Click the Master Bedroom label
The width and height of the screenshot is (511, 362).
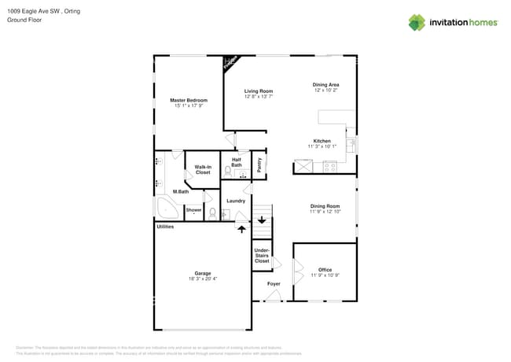coord(189,100)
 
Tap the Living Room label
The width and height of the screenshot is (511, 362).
coord(259,91)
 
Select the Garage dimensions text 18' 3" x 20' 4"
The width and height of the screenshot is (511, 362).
coord(203,279)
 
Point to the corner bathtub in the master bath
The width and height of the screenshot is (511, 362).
coord(166,209)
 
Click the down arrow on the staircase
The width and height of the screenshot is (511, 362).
coord(262,220)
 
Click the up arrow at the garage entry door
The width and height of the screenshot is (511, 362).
coord(241,229)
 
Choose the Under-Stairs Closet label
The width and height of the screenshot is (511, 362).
coord(262,256)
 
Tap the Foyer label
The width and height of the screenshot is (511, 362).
coord(274,283)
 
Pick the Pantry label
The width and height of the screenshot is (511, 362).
coord(259,165)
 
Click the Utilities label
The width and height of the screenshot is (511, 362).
coord(165,227)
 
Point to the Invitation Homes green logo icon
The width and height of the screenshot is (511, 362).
coord(417,22)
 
